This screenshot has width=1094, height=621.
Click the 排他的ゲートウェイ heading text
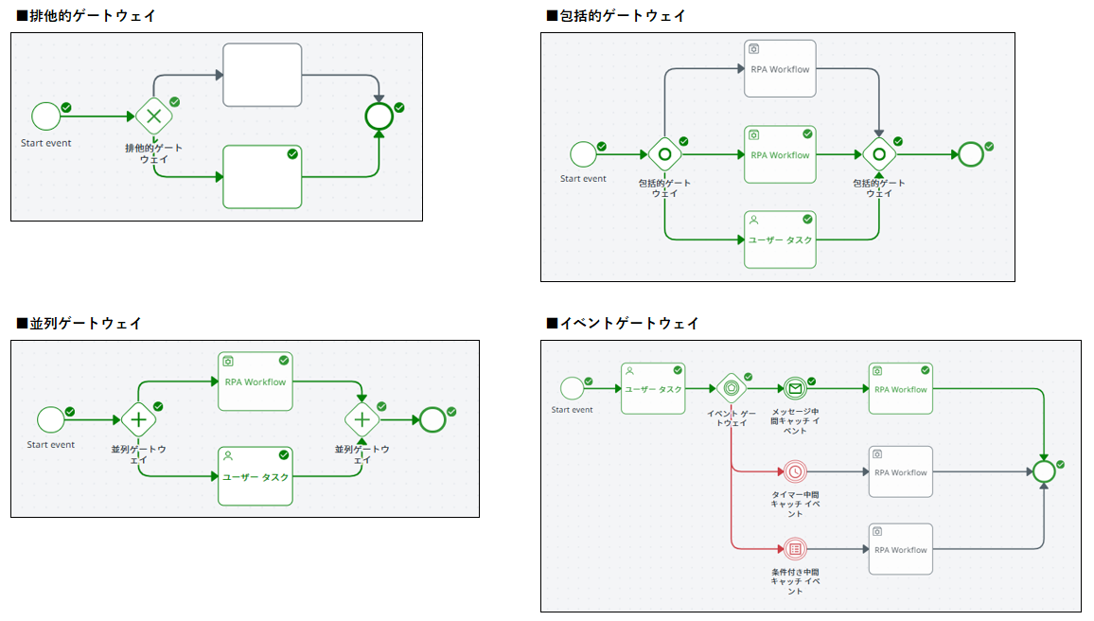click(x=93, y=16)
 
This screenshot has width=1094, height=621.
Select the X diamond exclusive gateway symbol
click(x=152, y=116)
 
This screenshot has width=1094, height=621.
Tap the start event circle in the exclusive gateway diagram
click(x=45, y=116)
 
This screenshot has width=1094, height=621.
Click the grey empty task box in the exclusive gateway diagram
click(x=262, y=75)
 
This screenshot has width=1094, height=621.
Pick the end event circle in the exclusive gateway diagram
click(x=379, y=116)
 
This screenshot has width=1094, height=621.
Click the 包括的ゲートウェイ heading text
click(x=622, y=16)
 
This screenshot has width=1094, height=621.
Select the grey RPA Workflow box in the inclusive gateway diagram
click(x=780, y=68)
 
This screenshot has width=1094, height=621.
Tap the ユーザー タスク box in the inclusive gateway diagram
click(x=780, y=240)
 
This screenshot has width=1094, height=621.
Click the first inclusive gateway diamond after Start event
click(x=664, y=154)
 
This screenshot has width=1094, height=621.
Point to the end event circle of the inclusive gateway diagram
click(x=971, y=154)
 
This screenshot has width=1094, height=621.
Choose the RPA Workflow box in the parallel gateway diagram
click(x=255, y=381)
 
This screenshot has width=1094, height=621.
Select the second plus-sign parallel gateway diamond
click(x=362, y=418)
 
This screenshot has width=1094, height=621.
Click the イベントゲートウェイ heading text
click(x=628, y=323)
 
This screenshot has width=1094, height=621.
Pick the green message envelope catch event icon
click(x=795, y=388)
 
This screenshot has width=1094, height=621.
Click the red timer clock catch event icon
click(x=795, y=471)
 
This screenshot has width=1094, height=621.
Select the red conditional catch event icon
click(x=795, y=549)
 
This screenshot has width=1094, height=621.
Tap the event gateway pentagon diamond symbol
click(x=731, y=388)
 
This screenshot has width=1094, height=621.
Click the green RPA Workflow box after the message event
click(x=900, y=388)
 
